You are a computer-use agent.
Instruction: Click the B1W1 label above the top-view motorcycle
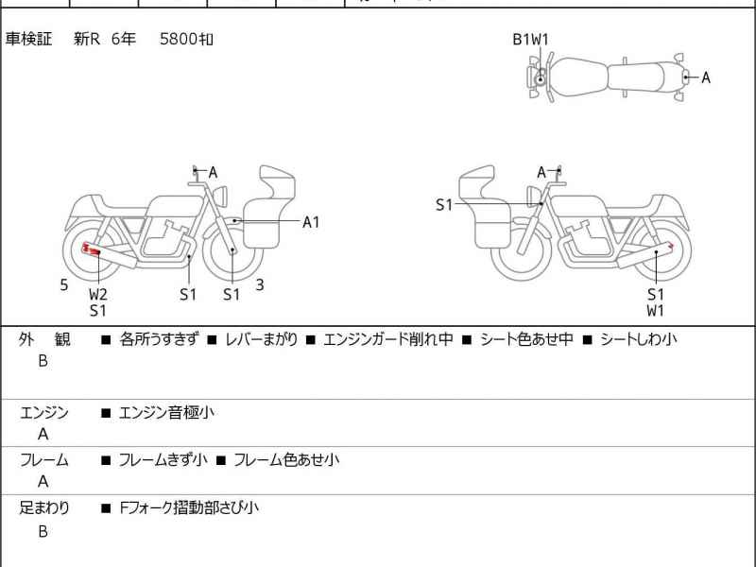530,39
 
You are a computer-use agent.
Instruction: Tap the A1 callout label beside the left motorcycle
311,222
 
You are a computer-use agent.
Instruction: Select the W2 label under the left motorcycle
98,294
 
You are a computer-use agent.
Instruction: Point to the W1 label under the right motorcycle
656,310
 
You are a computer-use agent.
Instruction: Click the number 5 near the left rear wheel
64,284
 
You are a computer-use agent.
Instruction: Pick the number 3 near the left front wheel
259,284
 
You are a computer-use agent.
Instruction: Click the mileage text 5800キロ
186,39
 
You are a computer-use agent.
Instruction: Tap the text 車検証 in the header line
29,39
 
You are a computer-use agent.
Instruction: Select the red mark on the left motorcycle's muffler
92,249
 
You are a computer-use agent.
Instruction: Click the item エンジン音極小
168,413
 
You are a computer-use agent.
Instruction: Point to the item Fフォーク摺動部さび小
188,507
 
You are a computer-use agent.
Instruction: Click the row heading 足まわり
44,507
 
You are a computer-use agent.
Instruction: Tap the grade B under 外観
43,361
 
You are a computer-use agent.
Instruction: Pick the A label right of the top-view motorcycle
705,77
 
